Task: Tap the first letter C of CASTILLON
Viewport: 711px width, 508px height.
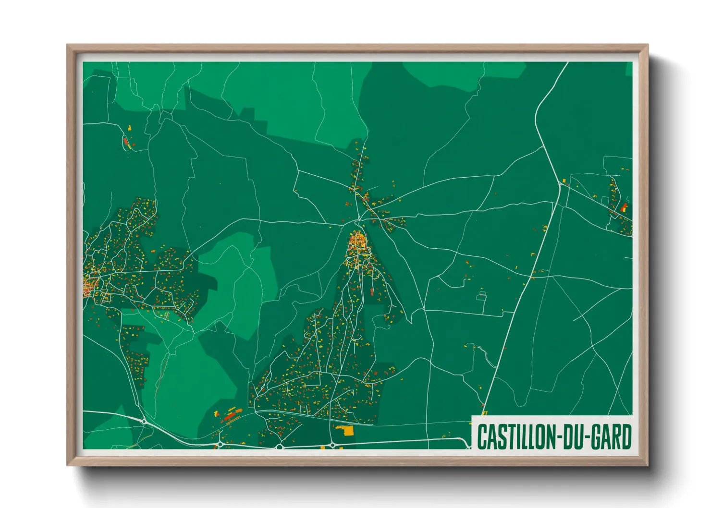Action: point(482,437)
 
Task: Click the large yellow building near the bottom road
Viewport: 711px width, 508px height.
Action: point(346,430)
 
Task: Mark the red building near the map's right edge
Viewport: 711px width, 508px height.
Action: point(624,207)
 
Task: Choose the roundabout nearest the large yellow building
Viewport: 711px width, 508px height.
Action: point(332,446)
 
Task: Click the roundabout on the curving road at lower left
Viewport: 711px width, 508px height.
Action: point(144,421)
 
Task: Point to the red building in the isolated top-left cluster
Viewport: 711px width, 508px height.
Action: point(126,143)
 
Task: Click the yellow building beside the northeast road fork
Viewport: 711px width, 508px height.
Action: point(564,181)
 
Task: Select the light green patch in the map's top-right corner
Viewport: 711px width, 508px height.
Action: point(629,69)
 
